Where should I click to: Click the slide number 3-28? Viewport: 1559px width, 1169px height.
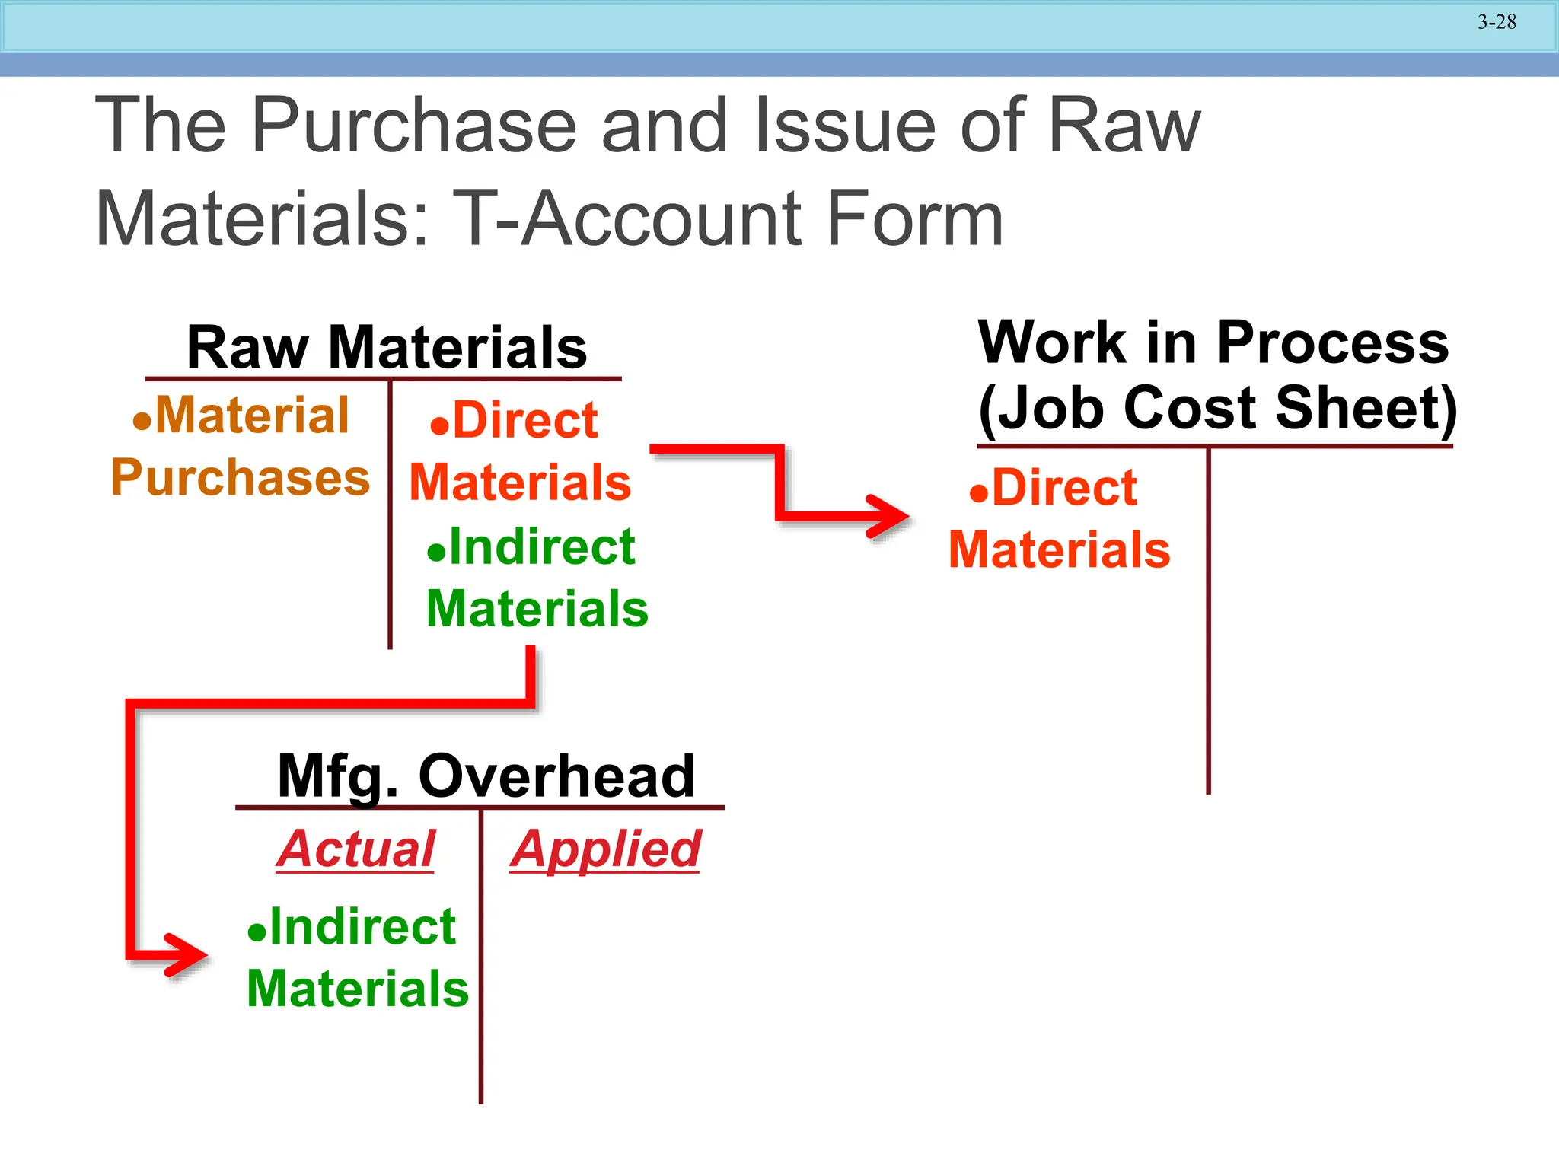click(x=1497, y=22)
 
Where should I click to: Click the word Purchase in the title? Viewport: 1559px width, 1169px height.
click(x=413, y=126)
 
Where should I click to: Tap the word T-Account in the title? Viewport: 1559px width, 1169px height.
click(x=626, y=219)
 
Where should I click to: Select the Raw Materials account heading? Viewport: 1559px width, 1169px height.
click(x=387, y=347)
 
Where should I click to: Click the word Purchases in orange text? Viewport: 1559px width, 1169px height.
click(x=241, y=478)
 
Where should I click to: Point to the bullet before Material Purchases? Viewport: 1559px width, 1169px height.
click(x=142, y=421)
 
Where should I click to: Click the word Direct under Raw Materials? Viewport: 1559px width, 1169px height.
click(x=525, y=420)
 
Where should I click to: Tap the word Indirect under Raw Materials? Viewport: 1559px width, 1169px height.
click(x=541, y=546)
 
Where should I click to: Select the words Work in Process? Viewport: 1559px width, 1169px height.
click(x=1213, y=342)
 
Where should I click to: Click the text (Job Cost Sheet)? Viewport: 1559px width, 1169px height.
click(x=1216, y=408)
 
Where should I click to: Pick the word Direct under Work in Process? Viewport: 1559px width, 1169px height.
click(x=1064, y=487)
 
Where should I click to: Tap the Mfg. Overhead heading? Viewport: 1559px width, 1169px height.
click(x=486, y=776)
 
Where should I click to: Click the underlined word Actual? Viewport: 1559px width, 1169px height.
click(x=355, y=849)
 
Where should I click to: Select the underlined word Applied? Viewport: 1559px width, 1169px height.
click(x=605, y=849)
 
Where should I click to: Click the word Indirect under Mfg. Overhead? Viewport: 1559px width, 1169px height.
click(x=362, y=926)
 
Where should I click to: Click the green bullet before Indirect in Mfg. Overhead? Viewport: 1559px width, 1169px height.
click(x=257, y=932)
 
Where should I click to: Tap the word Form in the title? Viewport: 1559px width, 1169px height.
click(x=914, y=219)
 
